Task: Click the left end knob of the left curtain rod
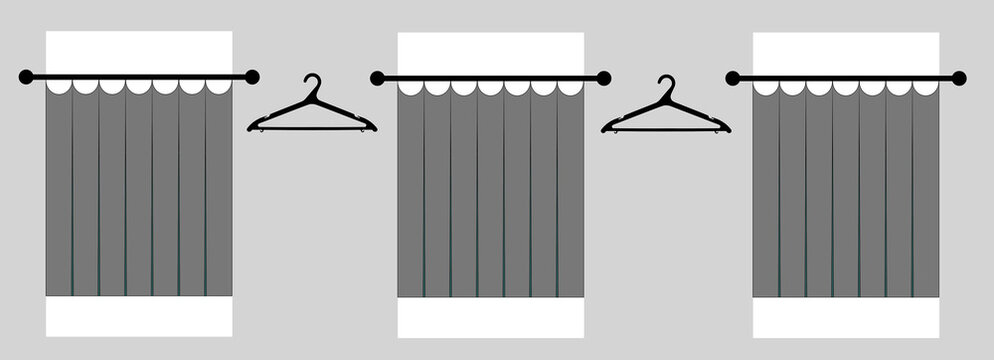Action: tap(26, 77)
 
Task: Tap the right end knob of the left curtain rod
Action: tap(252, 77)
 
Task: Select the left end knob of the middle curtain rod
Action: tap(377, 78)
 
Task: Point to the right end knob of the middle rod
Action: tap(604, 78)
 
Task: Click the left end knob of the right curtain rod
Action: tap(732, 78)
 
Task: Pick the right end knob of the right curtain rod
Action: tap(959, 78)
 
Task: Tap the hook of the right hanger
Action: tap(667, 85)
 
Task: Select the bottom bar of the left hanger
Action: tap(312, 128)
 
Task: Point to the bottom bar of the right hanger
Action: tap(666, 129)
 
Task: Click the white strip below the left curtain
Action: tap(139, 316)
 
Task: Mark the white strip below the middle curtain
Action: tap(491, 317)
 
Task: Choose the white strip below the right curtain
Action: tap(846, 317)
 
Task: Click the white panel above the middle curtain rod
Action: tap(491, 53)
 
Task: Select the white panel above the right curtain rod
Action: tap(846, 53)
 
